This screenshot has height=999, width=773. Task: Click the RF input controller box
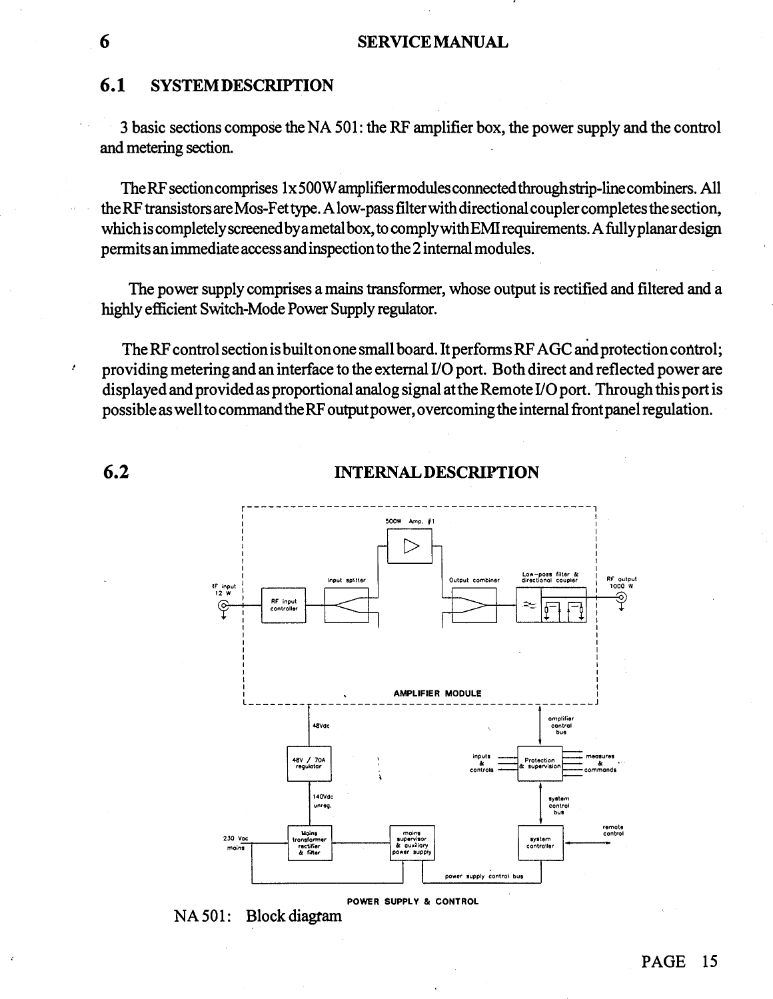pyautogui.click(x=283, y=605)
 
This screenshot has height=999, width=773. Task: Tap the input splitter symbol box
pyautogui.click(x=347, y=605)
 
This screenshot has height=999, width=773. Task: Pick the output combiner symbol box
pyautogui.click(x=474, y=605)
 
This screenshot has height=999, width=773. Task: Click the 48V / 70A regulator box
pyautogui.click(x=309, y=762)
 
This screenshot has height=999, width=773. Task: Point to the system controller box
pyautogui.click(x=540, y=842)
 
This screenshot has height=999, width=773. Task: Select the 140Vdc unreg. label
pyautogui.click(x=323, y=800)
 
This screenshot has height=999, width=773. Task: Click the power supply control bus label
pyautogui.click(x=484, y=876)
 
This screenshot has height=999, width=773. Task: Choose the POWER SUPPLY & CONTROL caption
pyautogui.click(x=413, y=902)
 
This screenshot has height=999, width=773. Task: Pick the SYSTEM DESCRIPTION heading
pyautogui.click(x=242, y=86)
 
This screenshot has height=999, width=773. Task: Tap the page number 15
pyautogui.click(x=709, y=961)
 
